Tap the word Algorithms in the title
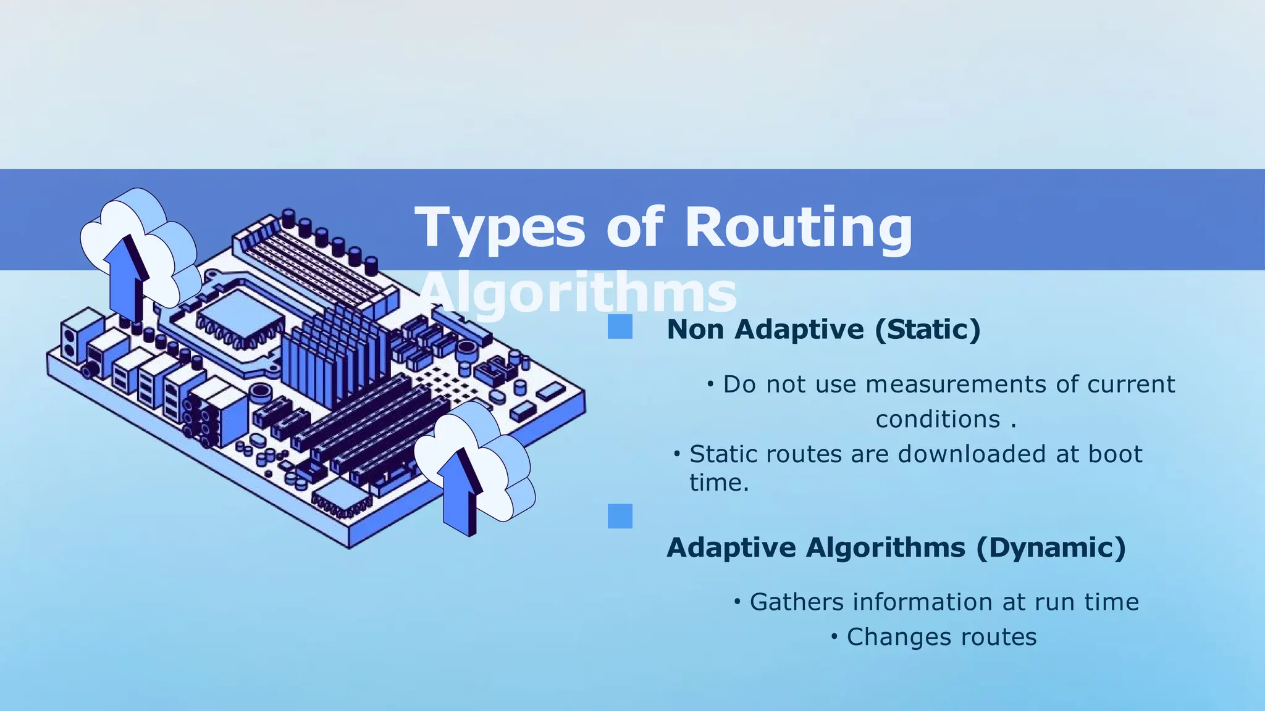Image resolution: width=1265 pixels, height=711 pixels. click(x=578, y=293)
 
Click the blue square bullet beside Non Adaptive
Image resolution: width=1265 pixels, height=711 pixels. click(x=620, y=326)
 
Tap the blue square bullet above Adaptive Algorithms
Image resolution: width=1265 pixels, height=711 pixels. click(x=620, y=516)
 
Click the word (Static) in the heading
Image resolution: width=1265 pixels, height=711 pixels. click(x=927, y=329)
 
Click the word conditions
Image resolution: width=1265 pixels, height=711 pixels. click(x=938, y=420)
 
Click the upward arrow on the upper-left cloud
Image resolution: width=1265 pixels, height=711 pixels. click(x=127, y=278)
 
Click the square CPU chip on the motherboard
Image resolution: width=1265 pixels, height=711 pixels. click(x=238, y=321)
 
